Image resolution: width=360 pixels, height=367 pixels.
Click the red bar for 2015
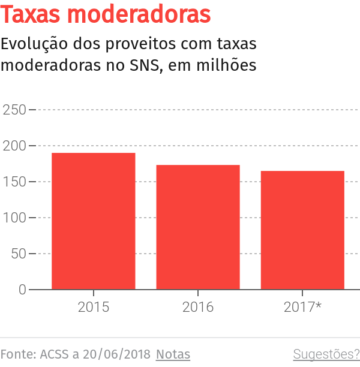[x=93, y=221]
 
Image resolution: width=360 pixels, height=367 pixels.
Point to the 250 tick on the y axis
[x=14, y=110]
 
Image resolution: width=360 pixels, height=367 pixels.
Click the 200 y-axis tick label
[x=14, y=146]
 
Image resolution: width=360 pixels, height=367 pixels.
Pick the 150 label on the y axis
[x=14, y=182]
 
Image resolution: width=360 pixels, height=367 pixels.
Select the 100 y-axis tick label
[x=14, y=218]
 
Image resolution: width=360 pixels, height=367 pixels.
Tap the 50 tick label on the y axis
[x=19, y=254]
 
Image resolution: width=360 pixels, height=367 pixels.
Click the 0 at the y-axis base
[x=22, y=290]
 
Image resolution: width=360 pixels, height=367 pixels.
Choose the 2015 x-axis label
[x=93, y=307]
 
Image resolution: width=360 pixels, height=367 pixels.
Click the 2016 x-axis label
[x=198, y=307]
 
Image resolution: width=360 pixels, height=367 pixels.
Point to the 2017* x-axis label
[x=302, y=307]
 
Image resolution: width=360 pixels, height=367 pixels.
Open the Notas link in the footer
[x=173, y=354]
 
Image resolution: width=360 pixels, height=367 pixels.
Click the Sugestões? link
[x=326, y=354]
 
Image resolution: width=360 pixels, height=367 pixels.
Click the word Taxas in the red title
[x=33, y=14]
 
